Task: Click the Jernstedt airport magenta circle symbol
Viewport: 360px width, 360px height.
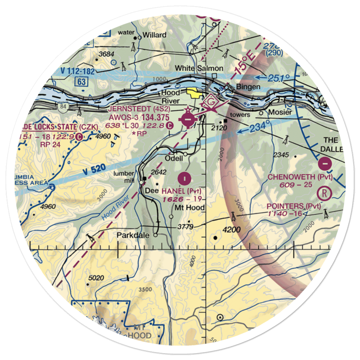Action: [188, 119]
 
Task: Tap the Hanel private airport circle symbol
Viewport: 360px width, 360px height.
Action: [185, 177]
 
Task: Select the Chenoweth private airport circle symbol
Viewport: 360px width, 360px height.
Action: [325, 164]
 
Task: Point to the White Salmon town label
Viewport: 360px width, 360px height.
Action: [199, 68]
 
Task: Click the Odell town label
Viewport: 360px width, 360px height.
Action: [174, 159]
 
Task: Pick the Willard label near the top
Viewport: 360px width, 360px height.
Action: [154, 35]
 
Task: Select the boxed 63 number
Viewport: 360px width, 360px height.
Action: [82, 82]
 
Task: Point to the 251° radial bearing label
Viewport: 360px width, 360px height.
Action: [279, 78]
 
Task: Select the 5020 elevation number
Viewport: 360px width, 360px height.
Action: [96, 278]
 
